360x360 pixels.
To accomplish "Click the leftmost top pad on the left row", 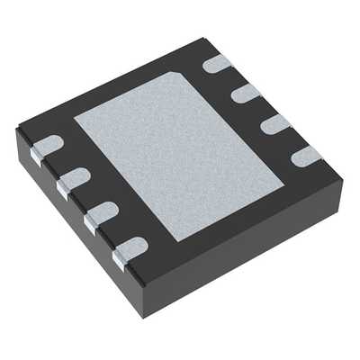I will pyautogui.click(x=49, y=144).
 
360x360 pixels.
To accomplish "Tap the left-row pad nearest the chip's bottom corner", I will pyautogui.click(x=131, y=246).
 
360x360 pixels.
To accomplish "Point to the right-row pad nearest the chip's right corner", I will pyautogui.click(x=306, y=155).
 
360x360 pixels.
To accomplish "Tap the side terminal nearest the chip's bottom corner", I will pyautogui.click(x=118, y=261).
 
